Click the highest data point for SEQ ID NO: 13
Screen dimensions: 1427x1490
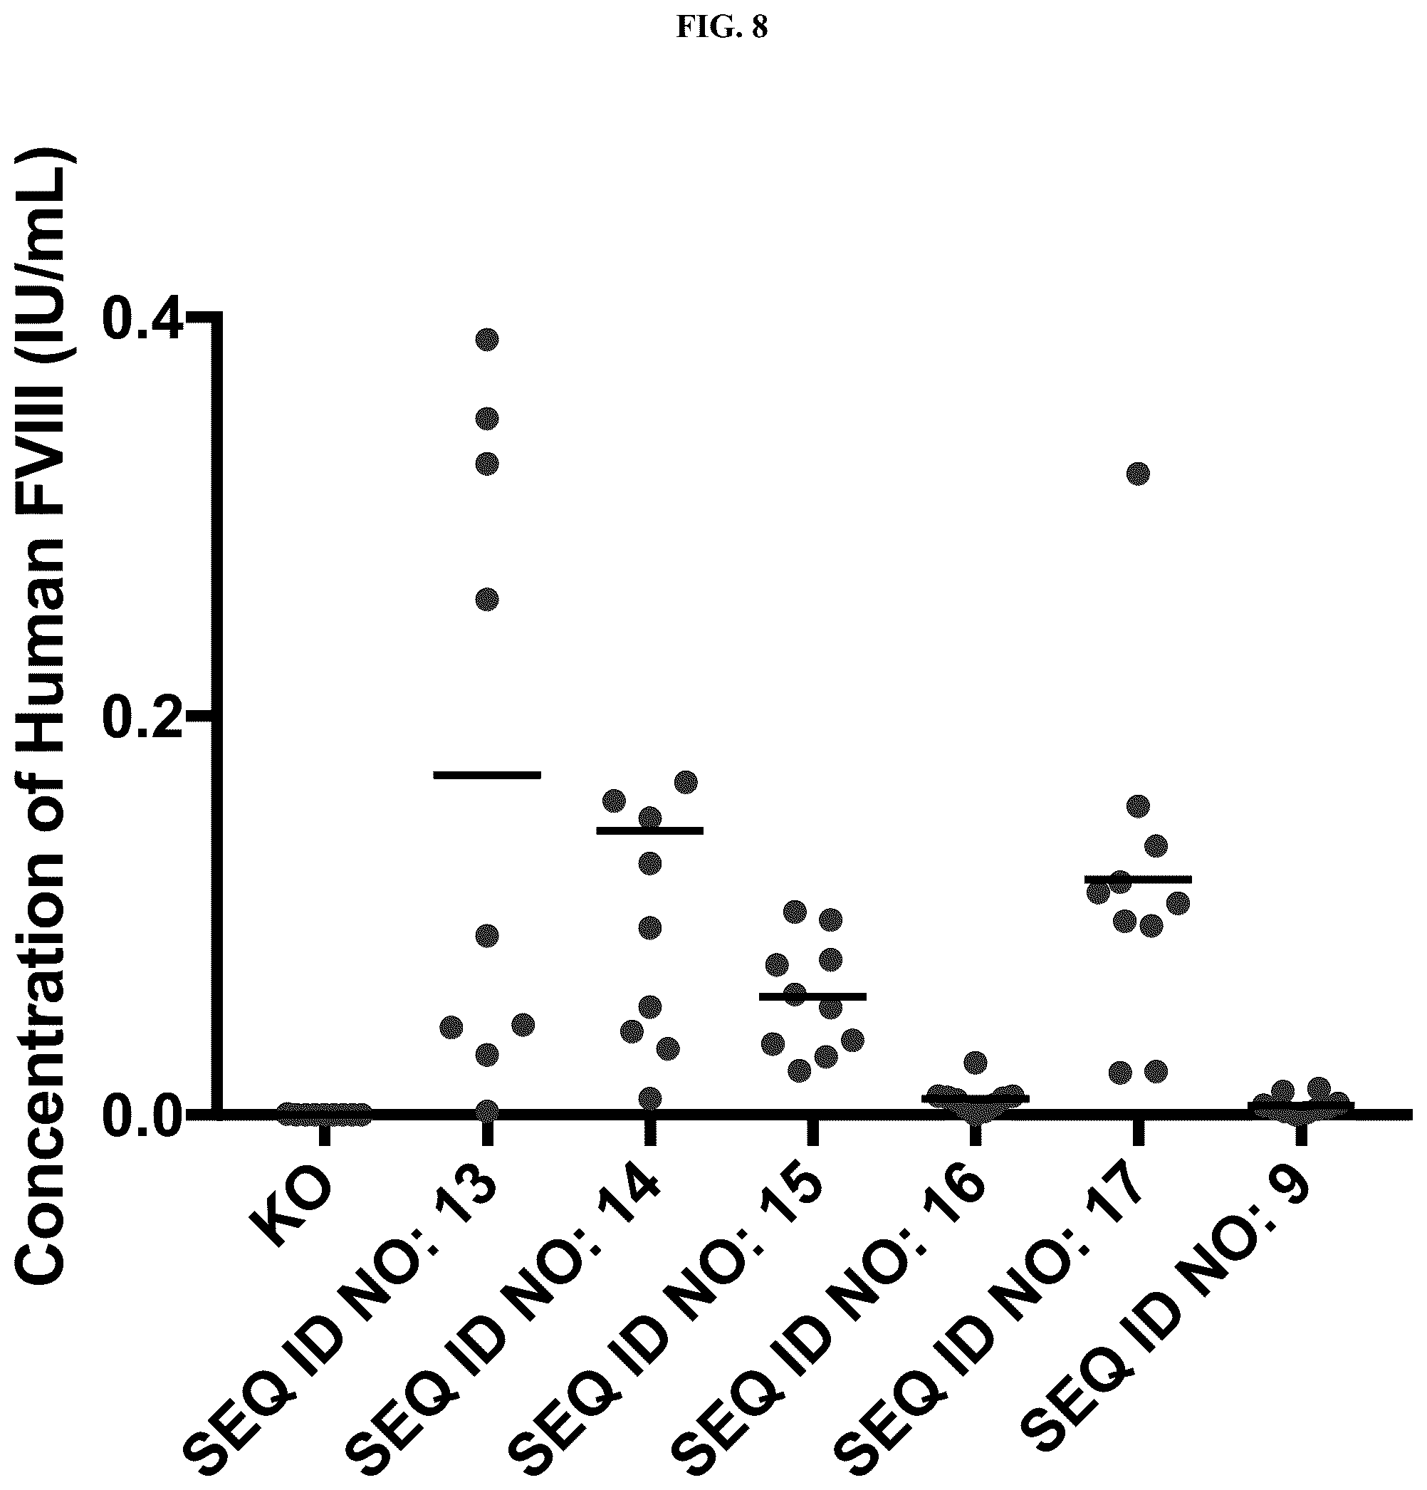coord(487,339)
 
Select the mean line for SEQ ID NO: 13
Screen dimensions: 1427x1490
coord(487,774)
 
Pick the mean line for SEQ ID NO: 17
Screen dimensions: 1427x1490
coord(1137,880)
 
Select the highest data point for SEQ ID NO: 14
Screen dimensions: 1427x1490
coord(686,782)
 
